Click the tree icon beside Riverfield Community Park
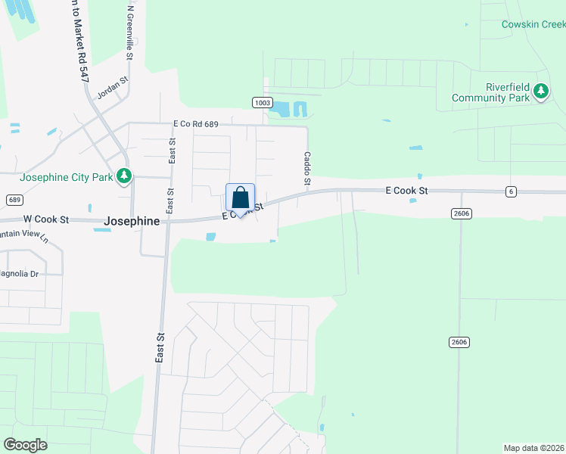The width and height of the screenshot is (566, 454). (x=541, y=92)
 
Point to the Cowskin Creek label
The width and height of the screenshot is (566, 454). (x=533, y=24)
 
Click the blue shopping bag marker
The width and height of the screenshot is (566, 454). (x=240, y=198)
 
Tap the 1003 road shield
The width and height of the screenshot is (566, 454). (x=262, y=102)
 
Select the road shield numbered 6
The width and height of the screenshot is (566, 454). (x=512, y=191)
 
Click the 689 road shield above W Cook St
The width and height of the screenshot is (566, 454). (x=13, y=200)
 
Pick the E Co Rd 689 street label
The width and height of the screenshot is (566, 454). (x=201, y=123)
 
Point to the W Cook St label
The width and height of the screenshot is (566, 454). (x=46, y=219)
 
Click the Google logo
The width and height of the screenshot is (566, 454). (x=25, y=445)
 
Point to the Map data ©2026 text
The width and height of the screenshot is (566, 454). (x=534, y=448)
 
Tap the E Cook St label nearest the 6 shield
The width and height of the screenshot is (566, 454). (x=406, y=191)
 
